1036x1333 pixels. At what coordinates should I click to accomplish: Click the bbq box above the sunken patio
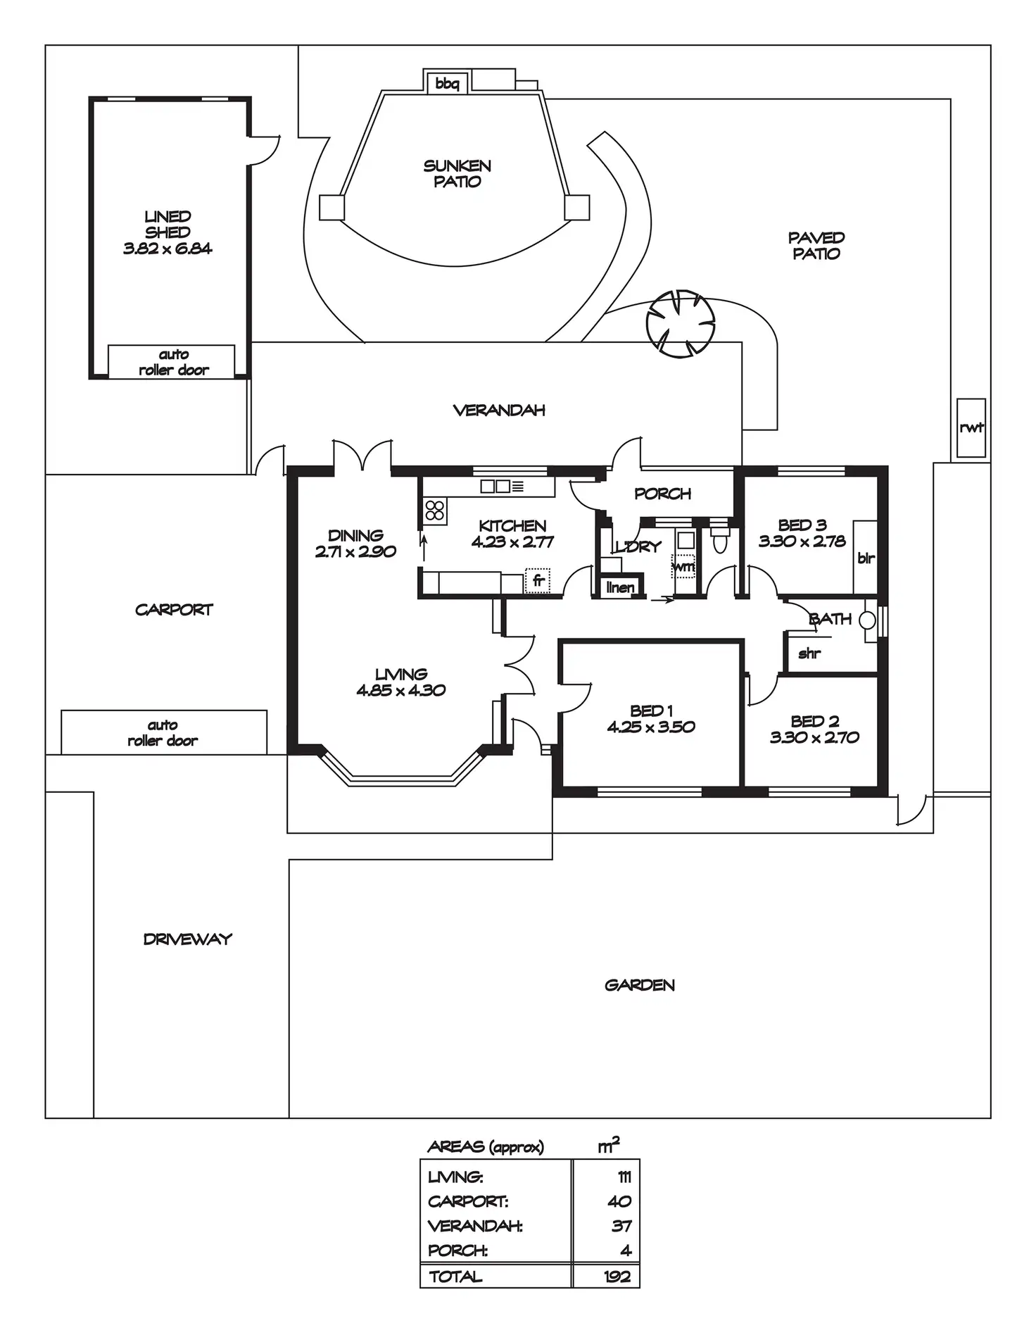pyautogui.click(x=448, y=83)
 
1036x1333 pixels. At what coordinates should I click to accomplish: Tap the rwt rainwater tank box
pyautogui.click(x=971, y=427)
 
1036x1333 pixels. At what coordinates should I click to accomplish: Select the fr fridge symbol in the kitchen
pyautogui.click(x=538, y=581)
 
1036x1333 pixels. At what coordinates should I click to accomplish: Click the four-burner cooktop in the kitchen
pyautogui.click(x=435, y=511)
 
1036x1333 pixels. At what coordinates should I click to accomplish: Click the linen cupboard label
pyautogui.click(x=620, y=587)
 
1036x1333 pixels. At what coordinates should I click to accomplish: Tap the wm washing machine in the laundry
pyautogui.click(x=683, y=565)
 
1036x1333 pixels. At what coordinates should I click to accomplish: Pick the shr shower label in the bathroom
pyautogui.click(x=809, y=653)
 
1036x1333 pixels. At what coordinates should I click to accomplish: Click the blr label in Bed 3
pyautogui.click(x=866, y=558)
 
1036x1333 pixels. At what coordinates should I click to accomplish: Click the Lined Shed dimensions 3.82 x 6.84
pyautogui.click(x=168, y=248)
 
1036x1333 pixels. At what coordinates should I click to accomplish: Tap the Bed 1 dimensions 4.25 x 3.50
pyautogui.click(x=651, y=727)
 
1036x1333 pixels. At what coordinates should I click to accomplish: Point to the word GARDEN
pyautogui.click(x=640, y=985)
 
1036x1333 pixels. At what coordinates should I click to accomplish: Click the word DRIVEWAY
pyautogui.click(x=188, y=939)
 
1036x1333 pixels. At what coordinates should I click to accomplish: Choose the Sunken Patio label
pyautogui.click(x=457, y=174)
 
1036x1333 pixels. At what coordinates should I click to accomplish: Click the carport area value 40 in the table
pyautogui.click(x=619, y=1201)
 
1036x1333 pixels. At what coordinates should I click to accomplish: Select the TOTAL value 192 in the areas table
pyautogui.click(x=617, y=1277)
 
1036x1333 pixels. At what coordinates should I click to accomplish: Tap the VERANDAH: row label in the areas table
pyautogui.click(x=475, y=1226)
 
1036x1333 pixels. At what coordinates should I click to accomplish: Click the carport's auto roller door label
pyautogui.click(x=163, y=732)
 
